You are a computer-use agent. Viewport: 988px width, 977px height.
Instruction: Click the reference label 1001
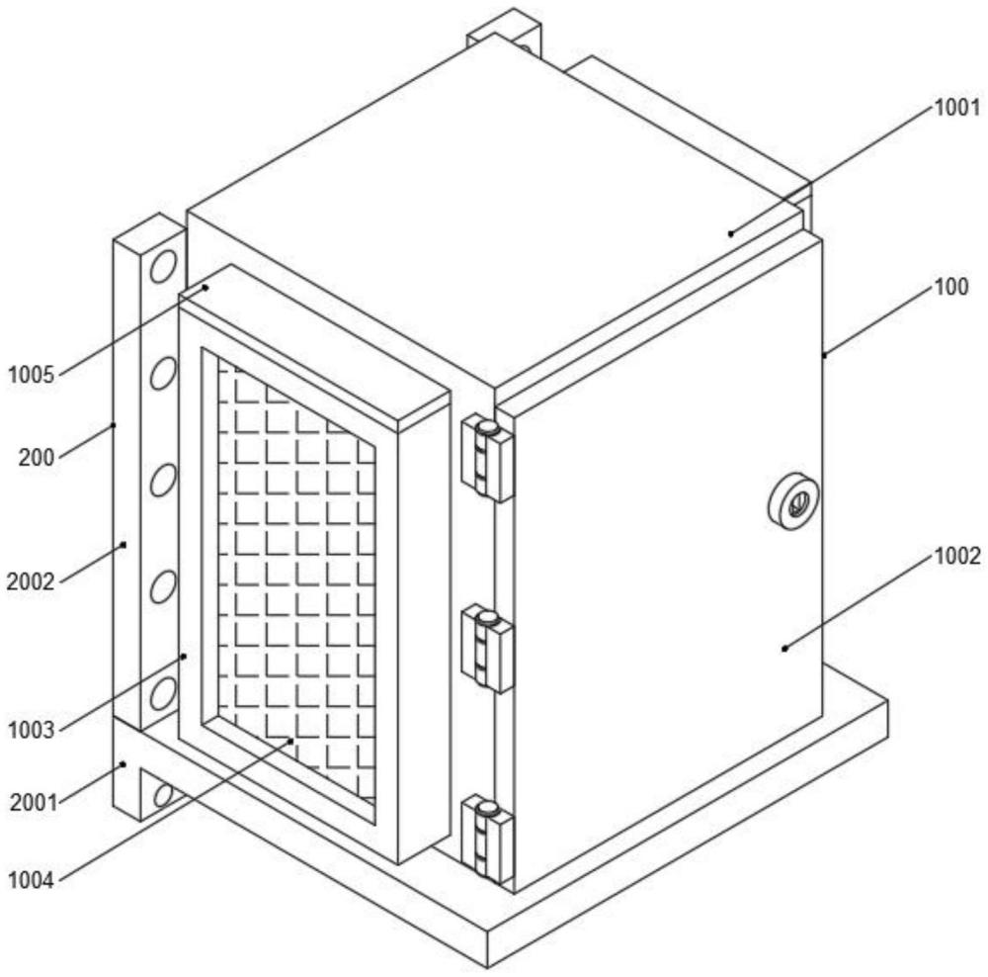[956, 107]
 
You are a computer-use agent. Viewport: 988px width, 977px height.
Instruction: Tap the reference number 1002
[956, 557]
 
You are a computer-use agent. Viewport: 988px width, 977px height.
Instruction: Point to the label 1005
[30, 374]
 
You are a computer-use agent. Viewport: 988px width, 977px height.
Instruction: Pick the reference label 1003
[30, 730]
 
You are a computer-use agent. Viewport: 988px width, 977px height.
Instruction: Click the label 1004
[30, 875]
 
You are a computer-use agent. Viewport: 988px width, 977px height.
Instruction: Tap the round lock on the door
[793, 503]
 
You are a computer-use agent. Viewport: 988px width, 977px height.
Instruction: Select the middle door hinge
[487, 649]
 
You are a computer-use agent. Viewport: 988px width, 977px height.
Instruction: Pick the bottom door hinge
[487, 840]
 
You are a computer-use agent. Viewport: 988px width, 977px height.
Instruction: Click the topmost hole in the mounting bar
[163, 264]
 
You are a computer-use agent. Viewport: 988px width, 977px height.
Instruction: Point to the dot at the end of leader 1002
[784, 649]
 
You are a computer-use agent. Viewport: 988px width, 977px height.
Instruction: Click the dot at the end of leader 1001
[731, 233]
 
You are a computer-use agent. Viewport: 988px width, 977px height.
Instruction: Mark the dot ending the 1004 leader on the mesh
[291, 739]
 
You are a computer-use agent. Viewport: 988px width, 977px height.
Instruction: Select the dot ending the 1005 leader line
[206, 287]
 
